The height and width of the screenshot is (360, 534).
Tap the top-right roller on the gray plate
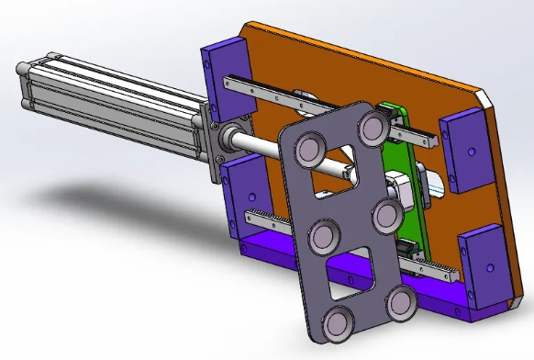(373, 129)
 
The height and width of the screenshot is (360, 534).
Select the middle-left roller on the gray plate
(324, 237)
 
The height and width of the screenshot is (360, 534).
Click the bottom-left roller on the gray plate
(339, 324)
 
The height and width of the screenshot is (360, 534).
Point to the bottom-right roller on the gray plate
(401, 303)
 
